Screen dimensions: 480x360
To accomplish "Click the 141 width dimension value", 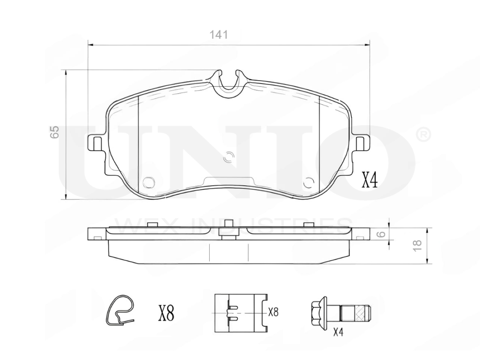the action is (x=218, y=35).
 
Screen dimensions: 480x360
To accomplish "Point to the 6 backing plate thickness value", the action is (x=381, y=234).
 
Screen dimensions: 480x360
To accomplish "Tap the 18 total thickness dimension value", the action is (x=417, y=245).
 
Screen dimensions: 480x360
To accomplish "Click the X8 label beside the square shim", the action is (x=273, y=312).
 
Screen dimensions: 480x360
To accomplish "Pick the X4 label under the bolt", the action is (x=338, y=332).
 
